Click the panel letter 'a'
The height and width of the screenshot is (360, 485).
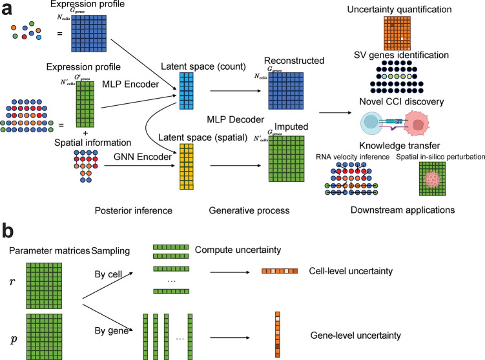pos(7,9)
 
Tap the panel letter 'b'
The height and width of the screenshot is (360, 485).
pos(8,230)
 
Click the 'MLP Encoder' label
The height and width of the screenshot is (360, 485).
pos(130,84)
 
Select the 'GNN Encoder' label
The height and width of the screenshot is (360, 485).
pos(143,157)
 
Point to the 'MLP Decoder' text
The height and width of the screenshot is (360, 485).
pos(235,119)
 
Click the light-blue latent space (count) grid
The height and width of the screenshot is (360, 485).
pos(187,91)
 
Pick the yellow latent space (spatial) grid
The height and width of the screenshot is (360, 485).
pos(187,166)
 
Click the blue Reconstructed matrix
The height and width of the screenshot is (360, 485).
pos(286,91)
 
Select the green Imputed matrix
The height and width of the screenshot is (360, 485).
pos(287,159)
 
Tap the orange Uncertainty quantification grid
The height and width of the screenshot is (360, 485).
pos(397,33)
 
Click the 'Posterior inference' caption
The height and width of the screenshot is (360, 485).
pos(133,210)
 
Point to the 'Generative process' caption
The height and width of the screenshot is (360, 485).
pos(249,210)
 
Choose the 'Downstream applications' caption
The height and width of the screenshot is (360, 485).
pos(403,210)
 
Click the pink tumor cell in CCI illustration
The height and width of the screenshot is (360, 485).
pos(416,124)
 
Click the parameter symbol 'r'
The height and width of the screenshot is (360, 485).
pos(12,282)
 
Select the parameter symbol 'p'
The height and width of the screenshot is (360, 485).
pos(14,340)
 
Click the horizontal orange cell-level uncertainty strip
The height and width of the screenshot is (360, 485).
pos(280,271)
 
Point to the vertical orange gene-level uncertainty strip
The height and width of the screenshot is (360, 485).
pos(278,335)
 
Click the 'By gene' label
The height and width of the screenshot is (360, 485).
pos(112,330)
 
